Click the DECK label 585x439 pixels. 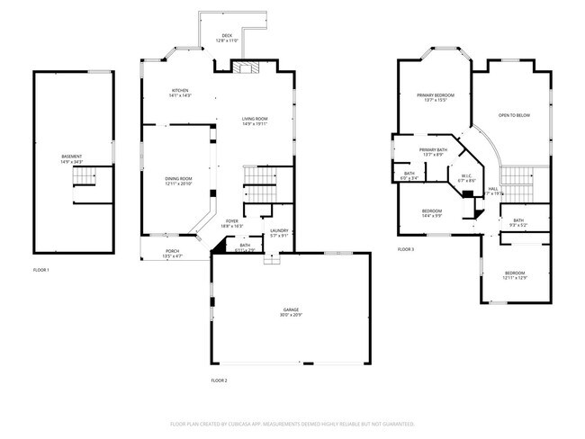[x=229, y=37]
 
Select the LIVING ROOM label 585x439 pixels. [x=255, y=118]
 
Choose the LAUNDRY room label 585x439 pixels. [x=279, y=231]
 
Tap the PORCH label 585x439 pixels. [x=171, y=251]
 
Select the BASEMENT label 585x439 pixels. [x=72, y=157]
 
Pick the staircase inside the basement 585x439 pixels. [x=86, y=177]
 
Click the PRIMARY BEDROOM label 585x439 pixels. [x=435, y=95]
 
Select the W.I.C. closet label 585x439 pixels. [x=466, y=176]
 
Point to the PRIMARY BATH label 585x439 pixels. [x=433, y=150]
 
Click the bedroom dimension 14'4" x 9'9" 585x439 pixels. [x=432, y=217]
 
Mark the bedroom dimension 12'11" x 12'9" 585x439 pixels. [x=514, y=278]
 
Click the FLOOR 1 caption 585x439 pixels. [x=41, y=270]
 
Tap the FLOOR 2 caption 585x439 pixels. [x=220, y=381]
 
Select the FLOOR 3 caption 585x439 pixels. [x=406, y=249]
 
